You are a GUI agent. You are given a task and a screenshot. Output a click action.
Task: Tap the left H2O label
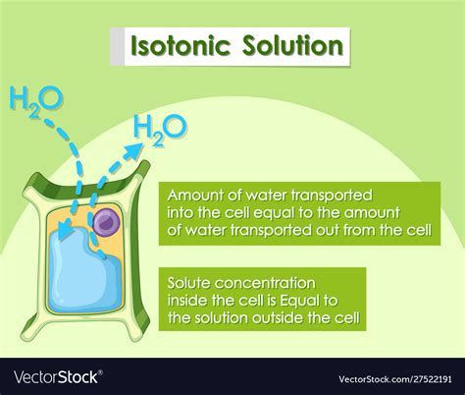tap(35, 99)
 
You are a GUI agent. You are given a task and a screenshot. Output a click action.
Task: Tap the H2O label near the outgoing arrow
tap(159, 127)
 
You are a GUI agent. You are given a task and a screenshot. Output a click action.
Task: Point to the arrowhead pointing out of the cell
tap(130, 147)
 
